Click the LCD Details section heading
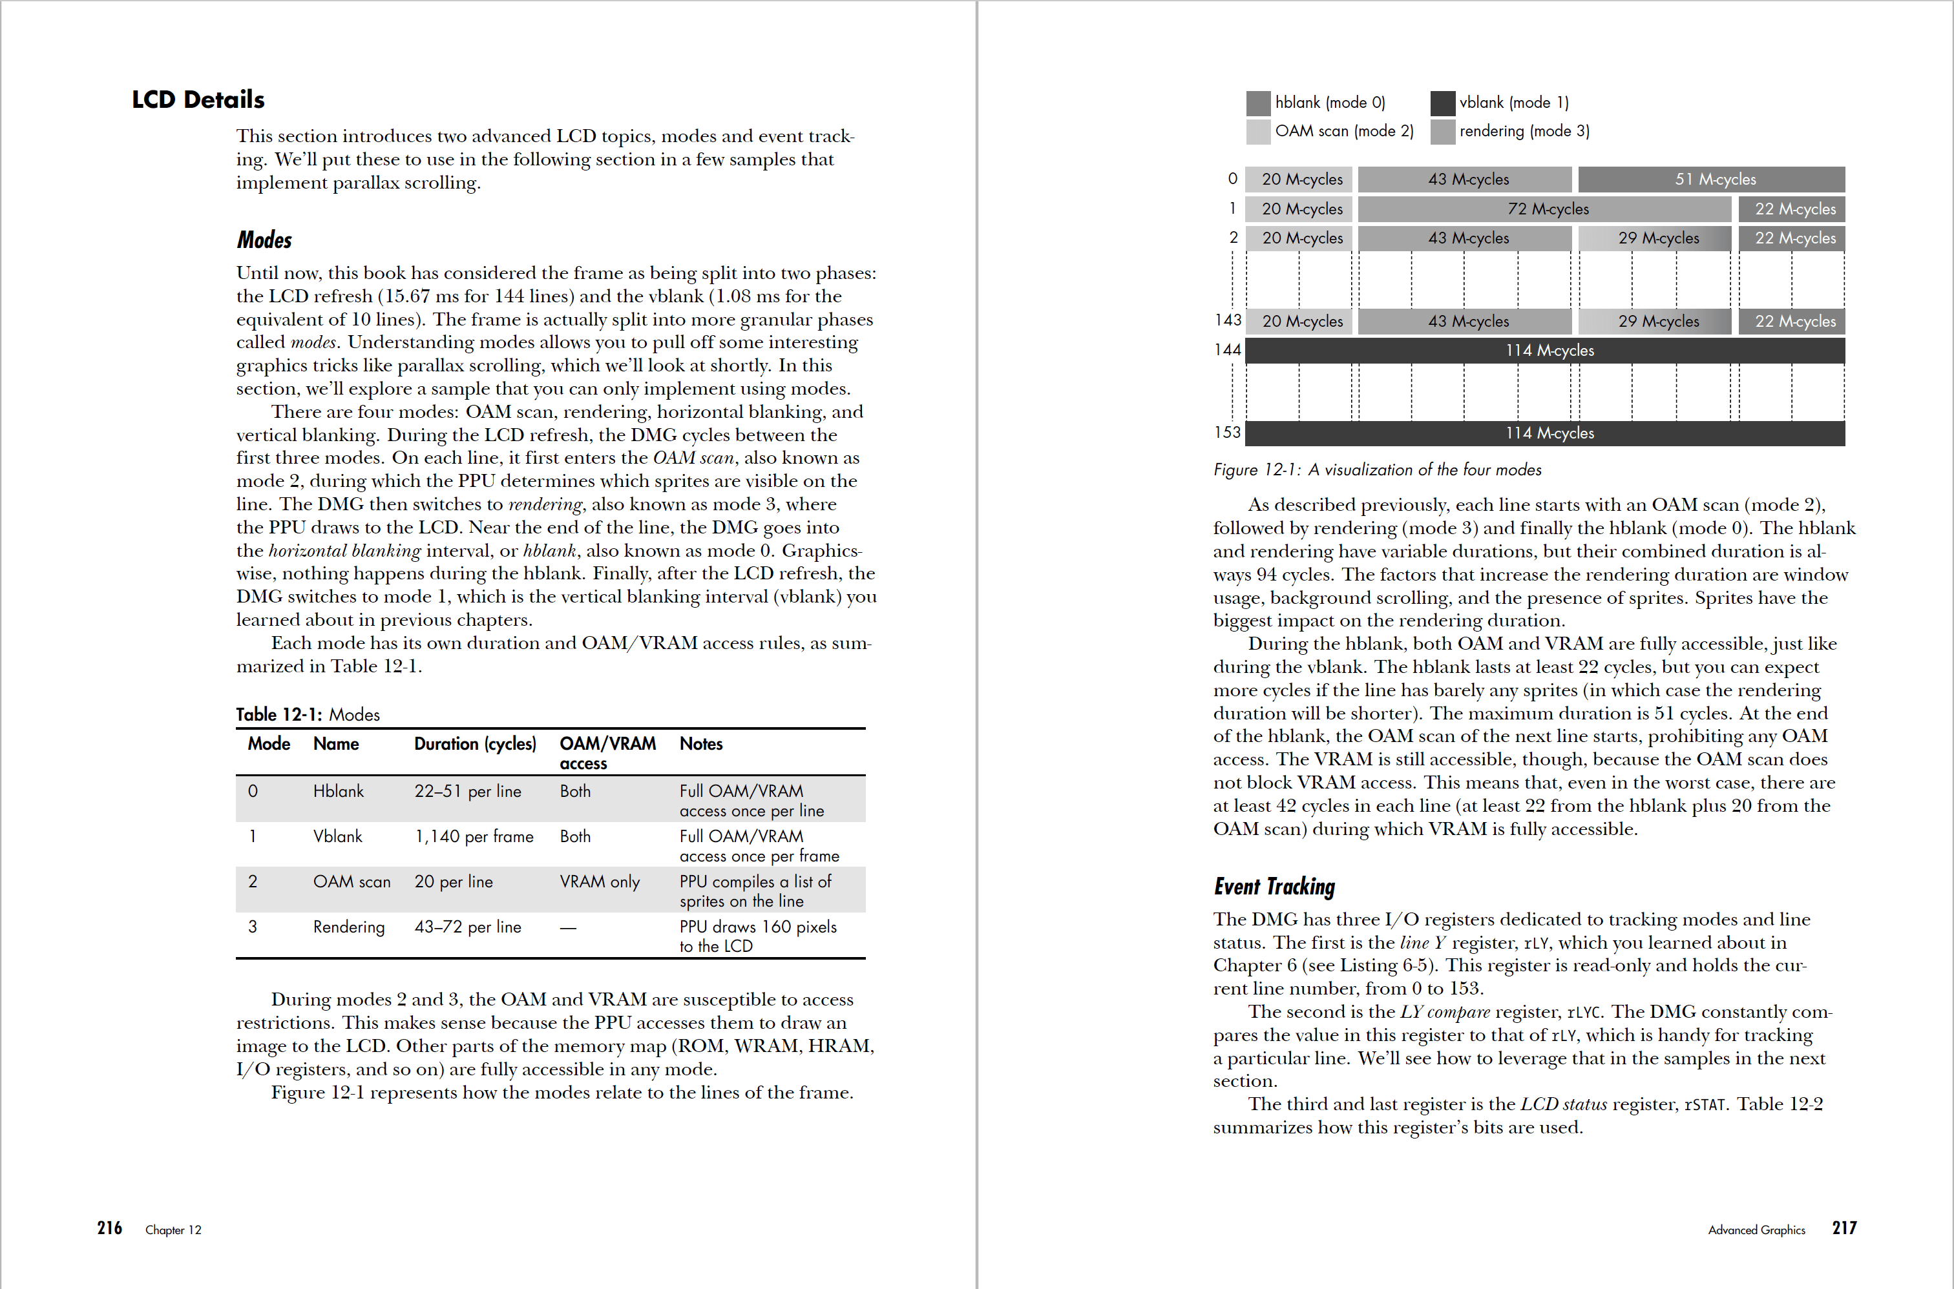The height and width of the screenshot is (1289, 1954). click(198, 99)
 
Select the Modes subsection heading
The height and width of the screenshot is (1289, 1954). click(264, 240)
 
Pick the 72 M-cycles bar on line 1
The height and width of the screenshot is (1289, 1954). click(1545, 209)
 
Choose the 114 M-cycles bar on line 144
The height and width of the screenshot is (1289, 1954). click(1545, 350)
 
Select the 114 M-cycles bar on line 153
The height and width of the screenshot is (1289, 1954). click(1545, 433)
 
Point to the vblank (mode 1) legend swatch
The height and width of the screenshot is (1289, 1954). click(1442, 103)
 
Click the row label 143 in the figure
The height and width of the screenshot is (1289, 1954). click(1228, 320)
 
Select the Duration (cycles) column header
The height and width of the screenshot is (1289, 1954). click(474, 744)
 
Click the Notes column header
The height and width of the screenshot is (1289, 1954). click(700, 744)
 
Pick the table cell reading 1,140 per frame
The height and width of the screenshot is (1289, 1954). click(474, 837)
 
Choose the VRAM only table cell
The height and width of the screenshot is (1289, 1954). click(600, 882)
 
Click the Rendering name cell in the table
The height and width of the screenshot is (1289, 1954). click(349, 927)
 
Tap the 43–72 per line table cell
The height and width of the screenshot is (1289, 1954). click(467, 927)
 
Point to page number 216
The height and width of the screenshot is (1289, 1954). click(109, 1228)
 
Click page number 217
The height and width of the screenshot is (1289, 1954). click(1844, 1228)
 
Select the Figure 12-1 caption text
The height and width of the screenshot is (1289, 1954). click(1377, 469)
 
